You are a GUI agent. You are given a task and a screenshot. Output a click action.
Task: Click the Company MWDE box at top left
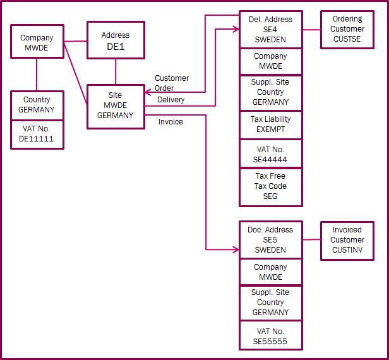(x=37, y=42)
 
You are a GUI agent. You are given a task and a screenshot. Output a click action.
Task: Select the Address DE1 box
(x=115, y=40)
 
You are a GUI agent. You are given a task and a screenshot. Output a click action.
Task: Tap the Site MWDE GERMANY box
(x=115, y=106)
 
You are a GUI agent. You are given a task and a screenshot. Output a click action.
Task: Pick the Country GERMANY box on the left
(x=37, y=104)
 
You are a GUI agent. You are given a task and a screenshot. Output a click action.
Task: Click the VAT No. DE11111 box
(x=37, y=133)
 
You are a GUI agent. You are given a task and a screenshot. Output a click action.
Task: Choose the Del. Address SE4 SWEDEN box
(x=270, y=29)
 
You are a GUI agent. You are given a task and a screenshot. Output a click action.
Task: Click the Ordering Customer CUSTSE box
(x=347, y=29)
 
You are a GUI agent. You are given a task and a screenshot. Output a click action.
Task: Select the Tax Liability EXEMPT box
(x=270, y=124)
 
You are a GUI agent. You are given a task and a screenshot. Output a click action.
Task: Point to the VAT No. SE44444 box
(x=270, y=154)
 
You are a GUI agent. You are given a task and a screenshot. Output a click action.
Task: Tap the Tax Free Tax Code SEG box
(x=270, y=186)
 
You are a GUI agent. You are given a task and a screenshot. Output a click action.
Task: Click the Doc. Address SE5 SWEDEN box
(x=270, y=239)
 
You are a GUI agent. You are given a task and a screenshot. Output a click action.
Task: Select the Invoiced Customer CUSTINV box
(x=347, y=240)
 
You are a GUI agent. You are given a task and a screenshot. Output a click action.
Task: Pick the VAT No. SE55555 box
(x=270, y=336)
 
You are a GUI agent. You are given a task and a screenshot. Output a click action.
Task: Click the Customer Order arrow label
(x=172, y=83)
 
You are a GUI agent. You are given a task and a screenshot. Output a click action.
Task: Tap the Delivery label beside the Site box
(x=171, y=100)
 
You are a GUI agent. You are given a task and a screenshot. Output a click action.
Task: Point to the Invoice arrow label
(x=171, y=122)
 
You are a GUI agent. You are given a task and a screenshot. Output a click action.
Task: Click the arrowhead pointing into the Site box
(x=147, y=92)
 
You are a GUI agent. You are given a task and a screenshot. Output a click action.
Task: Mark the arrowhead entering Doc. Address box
(x=236, y=249)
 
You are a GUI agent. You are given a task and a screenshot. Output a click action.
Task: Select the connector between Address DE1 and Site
(x=115, y=71)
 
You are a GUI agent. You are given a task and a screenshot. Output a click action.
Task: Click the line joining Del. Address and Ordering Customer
(x=311, y=29)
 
